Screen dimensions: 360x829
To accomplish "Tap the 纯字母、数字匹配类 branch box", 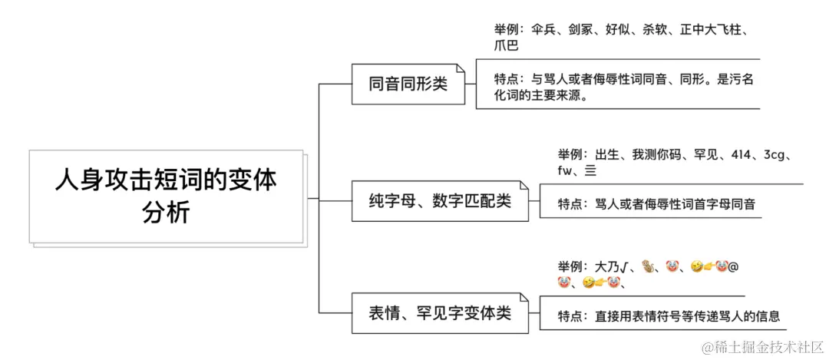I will click(x=439, y=201).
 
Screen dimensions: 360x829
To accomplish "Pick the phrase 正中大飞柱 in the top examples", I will click(x=718, y=31).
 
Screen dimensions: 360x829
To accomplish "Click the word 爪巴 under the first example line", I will click(x=507, y=46).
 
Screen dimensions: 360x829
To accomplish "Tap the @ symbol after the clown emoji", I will click(x=732, y=267).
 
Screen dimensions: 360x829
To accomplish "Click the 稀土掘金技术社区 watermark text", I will click(x=768, y=348).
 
